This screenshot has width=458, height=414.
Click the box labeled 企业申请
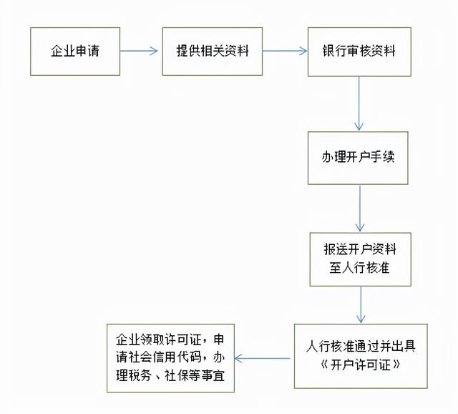pos(75,52)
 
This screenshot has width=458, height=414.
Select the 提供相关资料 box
pos(213,52)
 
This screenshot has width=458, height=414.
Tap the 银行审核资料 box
pos(359,52)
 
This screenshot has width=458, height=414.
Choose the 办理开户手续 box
pos(358,158)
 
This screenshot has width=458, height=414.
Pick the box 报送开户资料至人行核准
pos(361,259)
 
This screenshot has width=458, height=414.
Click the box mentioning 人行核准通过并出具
pos(361,356)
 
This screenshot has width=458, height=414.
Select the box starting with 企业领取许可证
pos(170,358)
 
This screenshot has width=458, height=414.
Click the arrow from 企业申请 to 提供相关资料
pos(139,51)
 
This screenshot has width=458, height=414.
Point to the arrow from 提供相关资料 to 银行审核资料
pos(285,51)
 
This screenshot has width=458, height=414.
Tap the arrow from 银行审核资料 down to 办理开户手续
pos(359,103)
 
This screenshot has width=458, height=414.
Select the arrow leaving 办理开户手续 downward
pos(360,208)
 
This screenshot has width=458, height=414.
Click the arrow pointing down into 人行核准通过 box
pos(361,304)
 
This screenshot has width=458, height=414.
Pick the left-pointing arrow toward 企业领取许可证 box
pos(263,358)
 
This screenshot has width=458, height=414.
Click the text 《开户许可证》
pos(361,365)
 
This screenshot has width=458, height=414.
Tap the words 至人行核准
pos(359,267)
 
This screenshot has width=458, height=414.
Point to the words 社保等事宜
pos(195,375)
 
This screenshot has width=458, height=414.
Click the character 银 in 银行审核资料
pos(328,51)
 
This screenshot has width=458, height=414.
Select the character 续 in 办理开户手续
pos(388,157)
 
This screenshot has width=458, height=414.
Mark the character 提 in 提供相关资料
pos(182,51)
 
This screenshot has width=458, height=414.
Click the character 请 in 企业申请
pos(94,51)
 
